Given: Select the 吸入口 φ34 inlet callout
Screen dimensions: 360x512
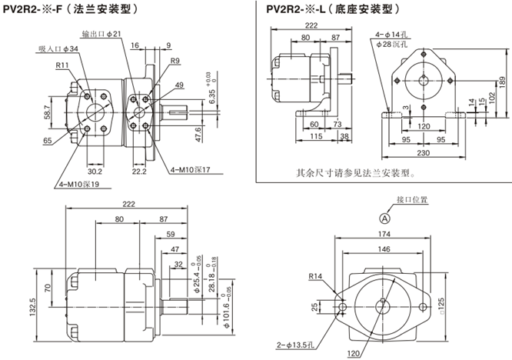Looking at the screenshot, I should (58, 49).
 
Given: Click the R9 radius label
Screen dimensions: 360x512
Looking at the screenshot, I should (175, 61).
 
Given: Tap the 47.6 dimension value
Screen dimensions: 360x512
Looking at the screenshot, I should (198, 134).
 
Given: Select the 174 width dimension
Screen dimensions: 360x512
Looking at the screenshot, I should (382, 235).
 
